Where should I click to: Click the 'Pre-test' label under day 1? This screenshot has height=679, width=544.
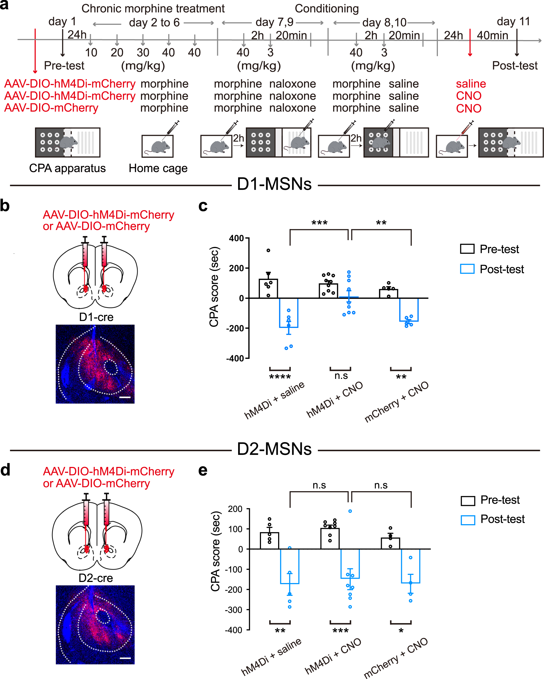(64, 65)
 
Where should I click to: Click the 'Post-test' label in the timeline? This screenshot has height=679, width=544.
(514, 65)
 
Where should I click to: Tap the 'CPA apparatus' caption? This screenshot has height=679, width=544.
(67, 168)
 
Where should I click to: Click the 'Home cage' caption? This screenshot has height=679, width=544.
(158, 168)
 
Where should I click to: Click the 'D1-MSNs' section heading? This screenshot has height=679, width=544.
(274, 184)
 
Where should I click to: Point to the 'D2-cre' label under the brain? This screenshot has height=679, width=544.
(96, 578)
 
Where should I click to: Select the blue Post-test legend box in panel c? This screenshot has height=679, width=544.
(467, 269)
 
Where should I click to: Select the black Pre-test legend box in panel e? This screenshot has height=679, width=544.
(468, 501)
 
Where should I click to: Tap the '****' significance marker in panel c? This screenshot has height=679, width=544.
(280, 377)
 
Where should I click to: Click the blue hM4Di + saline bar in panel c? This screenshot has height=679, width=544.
(289, 313)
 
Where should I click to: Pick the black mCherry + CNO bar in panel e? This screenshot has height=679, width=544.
(390, 543)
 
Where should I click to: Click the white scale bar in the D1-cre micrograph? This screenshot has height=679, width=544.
(125, 397)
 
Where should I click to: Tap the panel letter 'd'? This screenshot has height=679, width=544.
(5, 470)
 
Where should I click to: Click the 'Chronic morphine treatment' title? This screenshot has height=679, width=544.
(153, 8)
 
